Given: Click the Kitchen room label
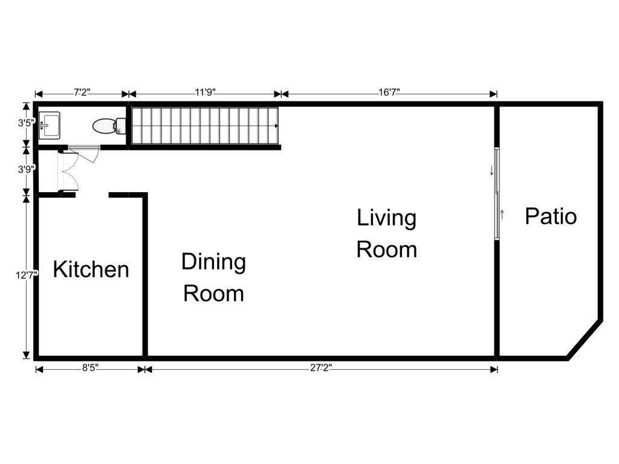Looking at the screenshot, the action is [x=91, y=269].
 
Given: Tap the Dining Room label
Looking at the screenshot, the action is [x=213, y=278].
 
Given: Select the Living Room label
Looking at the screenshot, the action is [x=386, y=234].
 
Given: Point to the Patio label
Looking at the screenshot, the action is [x=551, y=216].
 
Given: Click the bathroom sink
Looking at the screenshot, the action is [x=50, y=126].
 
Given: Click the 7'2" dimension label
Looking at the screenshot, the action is [x=82, y=92].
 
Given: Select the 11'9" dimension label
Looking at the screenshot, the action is [x=206, y=92].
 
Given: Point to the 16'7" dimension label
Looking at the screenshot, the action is [x=389, y=92].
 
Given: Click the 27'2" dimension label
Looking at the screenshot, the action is [x=321, y=368].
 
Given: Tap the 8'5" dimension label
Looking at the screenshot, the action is [x=91, y=368].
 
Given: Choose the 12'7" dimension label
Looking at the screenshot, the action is [x=27, y=275].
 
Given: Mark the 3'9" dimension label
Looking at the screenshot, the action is [x=27, y=169].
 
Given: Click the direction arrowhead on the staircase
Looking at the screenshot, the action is [x=276, y=126].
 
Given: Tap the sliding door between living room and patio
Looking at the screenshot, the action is [x=497, y=193].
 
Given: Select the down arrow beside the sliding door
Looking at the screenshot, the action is [x=491, y=170].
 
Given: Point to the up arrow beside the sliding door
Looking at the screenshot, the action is [x=502, y=215].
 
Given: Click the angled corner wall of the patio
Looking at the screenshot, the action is [x=585, y=340].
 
